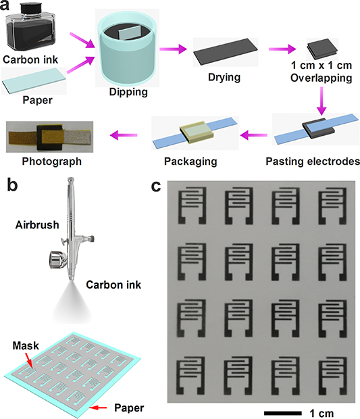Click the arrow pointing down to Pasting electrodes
(317, 104)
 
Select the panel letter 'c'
(155, 187)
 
